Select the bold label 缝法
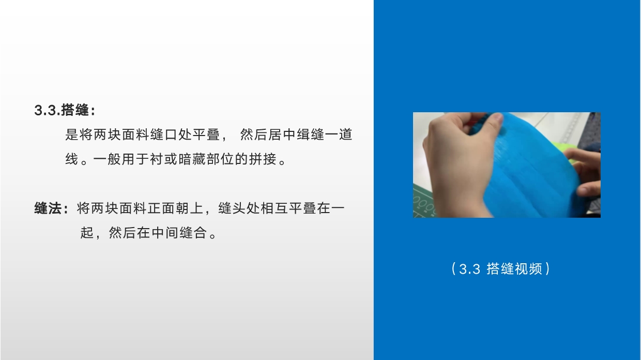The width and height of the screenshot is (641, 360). pos(48,208)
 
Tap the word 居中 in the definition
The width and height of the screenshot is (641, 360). pos(282,134)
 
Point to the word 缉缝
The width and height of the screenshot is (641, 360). pos(310,134)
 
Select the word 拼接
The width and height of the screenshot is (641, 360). pos(263,159)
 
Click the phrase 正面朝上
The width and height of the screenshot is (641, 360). pos(175,208)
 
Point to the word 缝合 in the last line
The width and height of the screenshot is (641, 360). pos(193,233)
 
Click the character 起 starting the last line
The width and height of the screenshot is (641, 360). pos(87,233)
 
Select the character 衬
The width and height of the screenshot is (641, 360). pos(156,159)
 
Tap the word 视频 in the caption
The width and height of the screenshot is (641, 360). pos(528,269)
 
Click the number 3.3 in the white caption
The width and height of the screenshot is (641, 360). pos(469,269)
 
